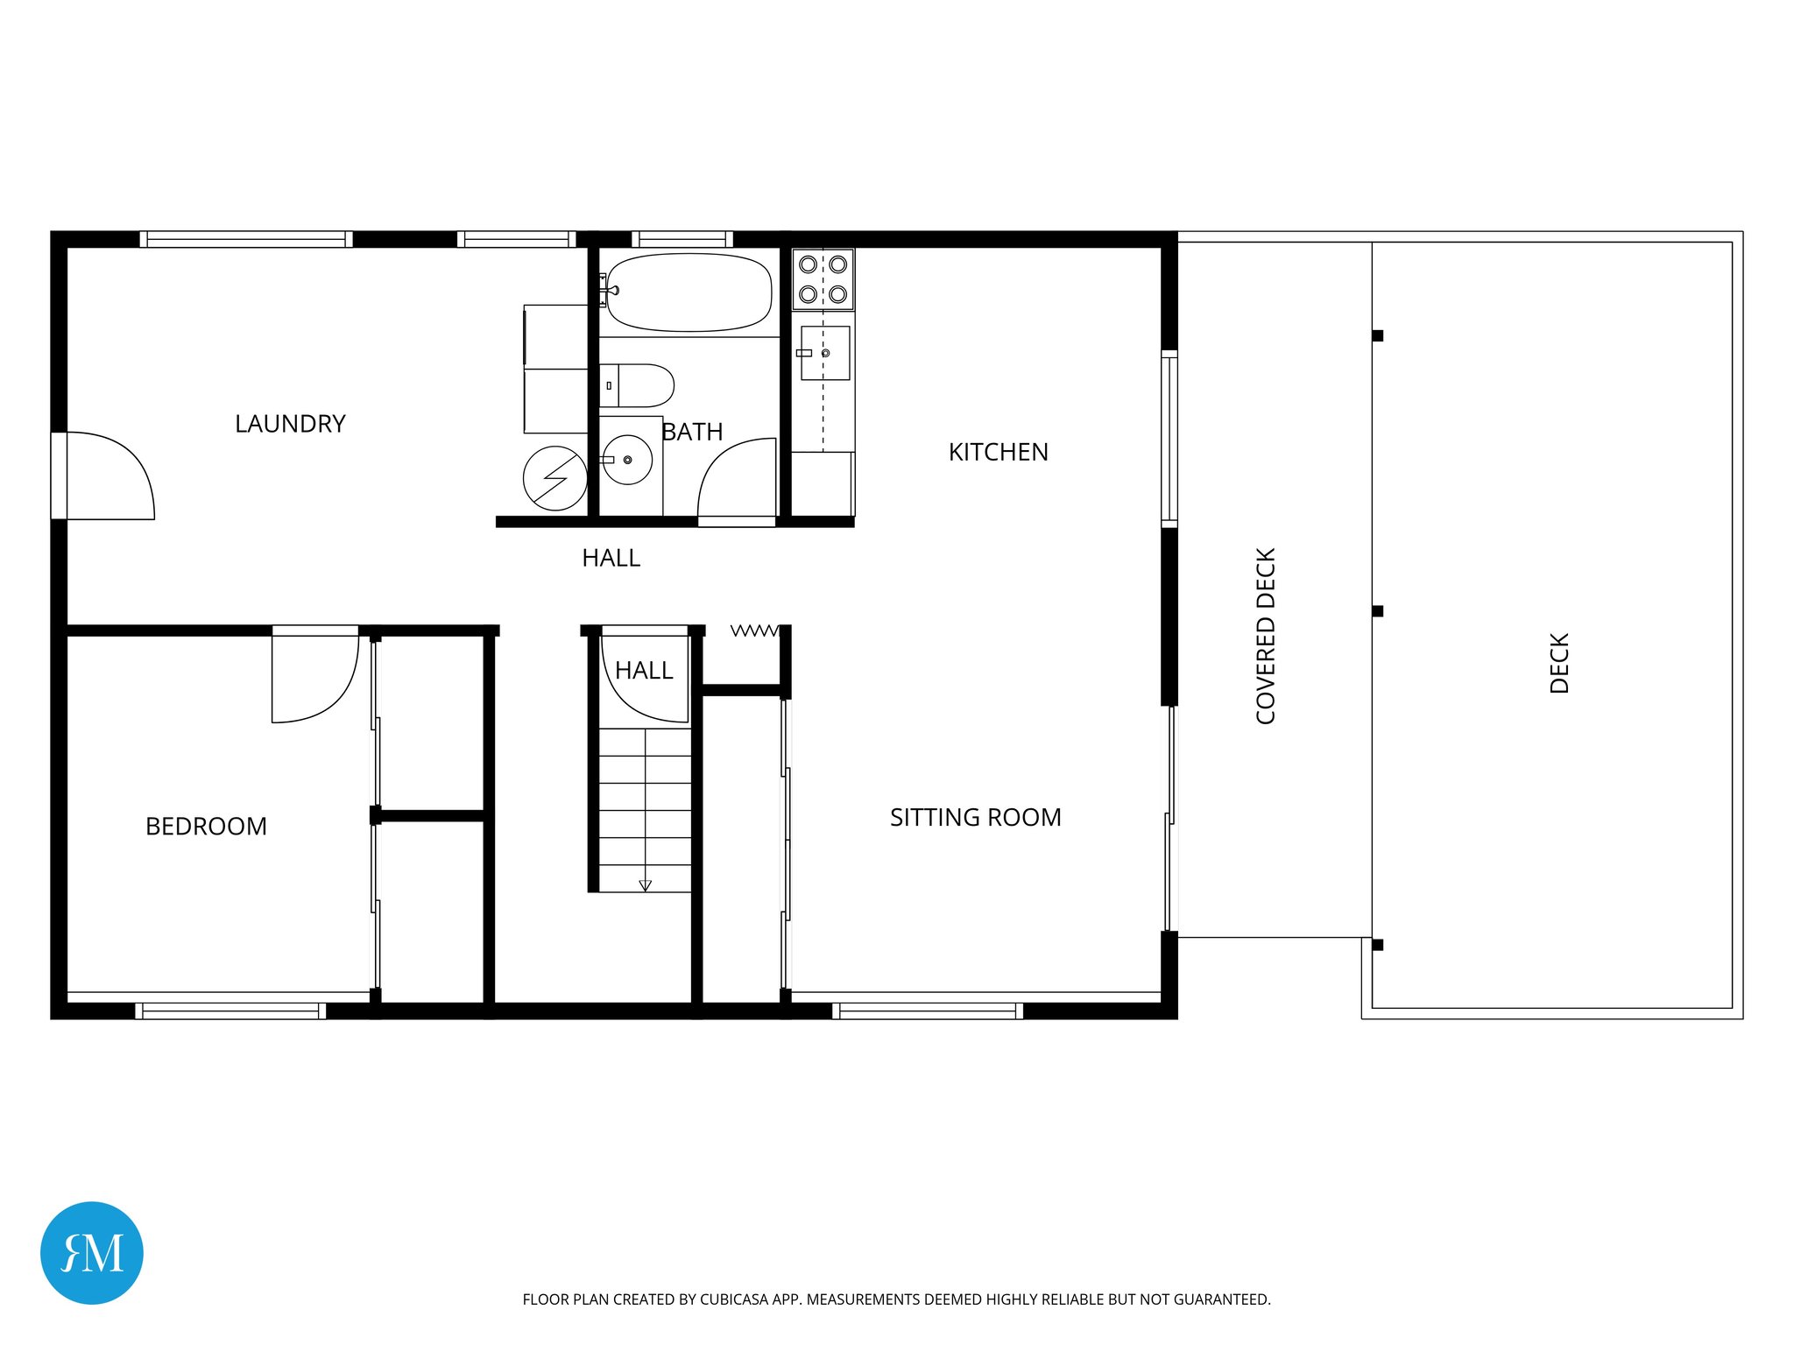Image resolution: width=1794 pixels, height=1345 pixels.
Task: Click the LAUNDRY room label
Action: [290, 424]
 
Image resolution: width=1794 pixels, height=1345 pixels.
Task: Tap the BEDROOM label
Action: [206, 827]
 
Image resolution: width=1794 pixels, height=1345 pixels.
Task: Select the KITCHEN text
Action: [998, 452]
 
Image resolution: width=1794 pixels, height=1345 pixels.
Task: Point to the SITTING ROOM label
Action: [975, 817]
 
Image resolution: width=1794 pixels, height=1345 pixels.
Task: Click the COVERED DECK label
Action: [1266, 636]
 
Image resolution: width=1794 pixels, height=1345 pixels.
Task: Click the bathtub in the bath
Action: [689, 292]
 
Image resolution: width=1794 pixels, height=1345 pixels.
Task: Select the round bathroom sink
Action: [627, 460]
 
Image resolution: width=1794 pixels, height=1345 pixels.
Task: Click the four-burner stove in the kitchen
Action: [823, 279]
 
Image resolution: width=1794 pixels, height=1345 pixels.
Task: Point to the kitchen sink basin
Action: [825, 353]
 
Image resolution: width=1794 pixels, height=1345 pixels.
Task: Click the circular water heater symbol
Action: [555, 478]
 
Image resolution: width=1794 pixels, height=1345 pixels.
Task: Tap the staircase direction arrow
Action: [645, 885]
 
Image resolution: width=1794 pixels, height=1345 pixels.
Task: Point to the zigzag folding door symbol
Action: [753, 630]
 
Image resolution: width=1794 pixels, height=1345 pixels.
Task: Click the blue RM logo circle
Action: [92, 1253]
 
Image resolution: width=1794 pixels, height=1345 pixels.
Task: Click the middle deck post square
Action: [1377, 611]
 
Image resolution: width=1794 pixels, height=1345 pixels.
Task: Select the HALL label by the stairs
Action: [644, 671]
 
